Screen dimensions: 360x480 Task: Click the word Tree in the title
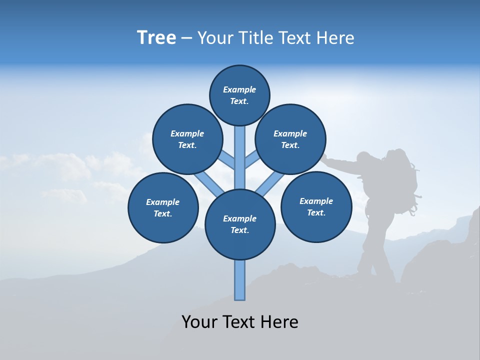click(156, 38)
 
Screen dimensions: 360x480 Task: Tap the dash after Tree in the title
click(186, 38)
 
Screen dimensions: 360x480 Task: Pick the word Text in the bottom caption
click(240, 321)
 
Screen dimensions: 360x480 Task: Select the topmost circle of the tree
click(239, 95)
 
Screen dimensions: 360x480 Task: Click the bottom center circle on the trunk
click(240, 224)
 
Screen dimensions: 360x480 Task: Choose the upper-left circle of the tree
click(187, 139)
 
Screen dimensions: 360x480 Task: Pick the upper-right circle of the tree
click(290, 139)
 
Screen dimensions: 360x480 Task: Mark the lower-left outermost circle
click(163, 207)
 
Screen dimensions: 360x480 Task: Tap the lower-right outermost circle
click(316, 206)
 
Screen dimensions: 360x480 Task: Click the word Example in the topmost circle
click(239, 89)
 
